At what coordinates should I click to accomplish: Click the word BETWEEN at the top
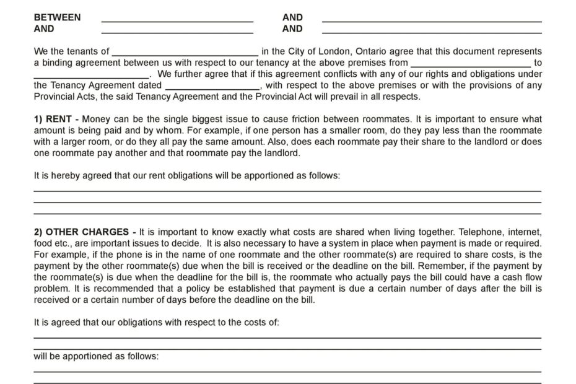coord(57,17)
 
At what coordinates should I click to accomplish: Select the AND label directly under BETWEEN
coord(44,28)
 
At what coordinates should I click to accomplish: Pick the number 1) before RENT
coord(38,119)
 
